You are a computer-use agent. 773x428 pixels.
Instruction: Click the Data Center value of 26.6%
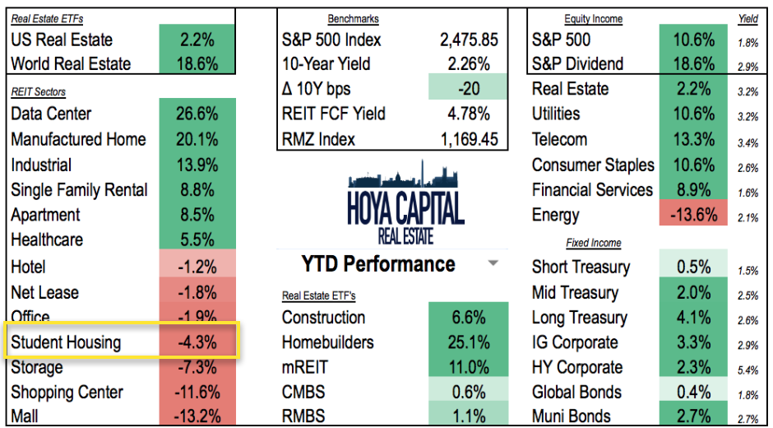pyautogui.click(x=197, y=114)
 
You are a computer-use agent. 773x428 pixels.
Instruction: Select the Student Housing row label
pyautogui.click(x=66, y=342)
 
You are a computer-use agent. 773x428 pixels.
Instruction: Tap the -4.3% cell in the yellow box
pyautogui.click(x=197, y=342)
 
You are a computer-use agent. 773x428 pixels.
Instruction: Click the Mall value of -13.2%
pyautogui.click(x=197, y=416)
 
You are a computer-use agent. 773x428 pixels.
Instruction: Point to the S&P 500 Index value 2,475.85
pyautogui.click(x=465, y=40)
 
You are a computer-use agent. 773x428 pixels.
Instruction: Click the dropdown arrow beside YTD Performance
pyautogui.click(x=493, y=264)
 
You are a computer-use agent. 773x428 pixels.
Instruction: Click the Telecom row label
pyautogui.click(x=559, y=139)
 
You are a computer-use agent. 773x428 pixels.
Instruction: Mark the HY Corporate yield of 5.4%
pyautogui.click(x=748, y=369)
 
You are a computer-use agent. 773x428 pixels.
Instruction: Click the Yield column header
pyautogui.click(x=748, y=19)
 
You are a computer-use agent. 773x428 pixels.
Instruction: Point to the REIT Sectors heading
pyautogui.click(x=39, y=91)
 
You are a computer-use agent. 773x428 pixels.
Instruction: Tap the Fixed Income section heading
pyautogui.click(x=593, y=243)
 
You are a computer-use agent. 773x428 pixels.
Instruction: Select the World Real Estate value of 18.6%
pyautogui.click(x=197, y=63)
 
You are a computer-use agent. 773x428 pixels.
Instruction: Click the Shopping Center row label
pyautogui.click(x=67, y=393)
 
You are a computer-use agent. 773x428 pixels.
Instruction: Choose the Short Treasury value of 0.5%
pyautogui.click(x=693, y=267)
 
